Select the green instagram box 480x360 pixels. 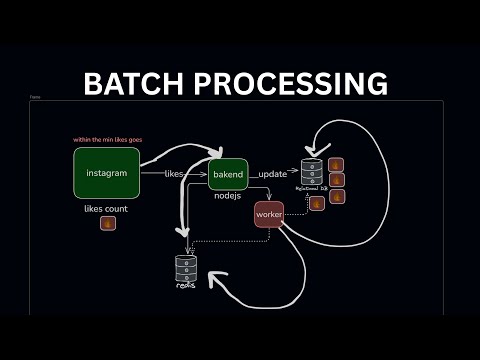(x=106, y=173)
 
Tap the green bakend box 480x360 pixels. (x=227, y=175)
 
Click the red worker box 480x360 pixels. (x=268, y=214)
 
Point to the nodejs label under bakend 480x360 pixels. (x=228, y=197)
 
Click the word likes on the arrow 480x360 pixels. (x=174, y=174)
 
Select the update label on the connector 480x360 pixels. (x=272, y=174)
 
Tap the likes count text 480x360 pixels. (x=107, y=208)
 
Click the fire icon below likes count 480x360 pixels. (x=107, y=224)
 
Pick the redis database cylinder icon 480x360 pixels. (x=186, y=266)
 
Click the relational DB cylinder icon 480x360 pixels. (x=312, y=170)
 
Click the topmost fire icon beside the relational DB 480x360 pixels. (x=336, y=165)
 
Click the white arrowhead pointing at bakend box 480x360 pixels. (x=213, y=154)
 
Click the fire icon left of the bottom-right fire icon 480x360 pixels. (x=316, y=203)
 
